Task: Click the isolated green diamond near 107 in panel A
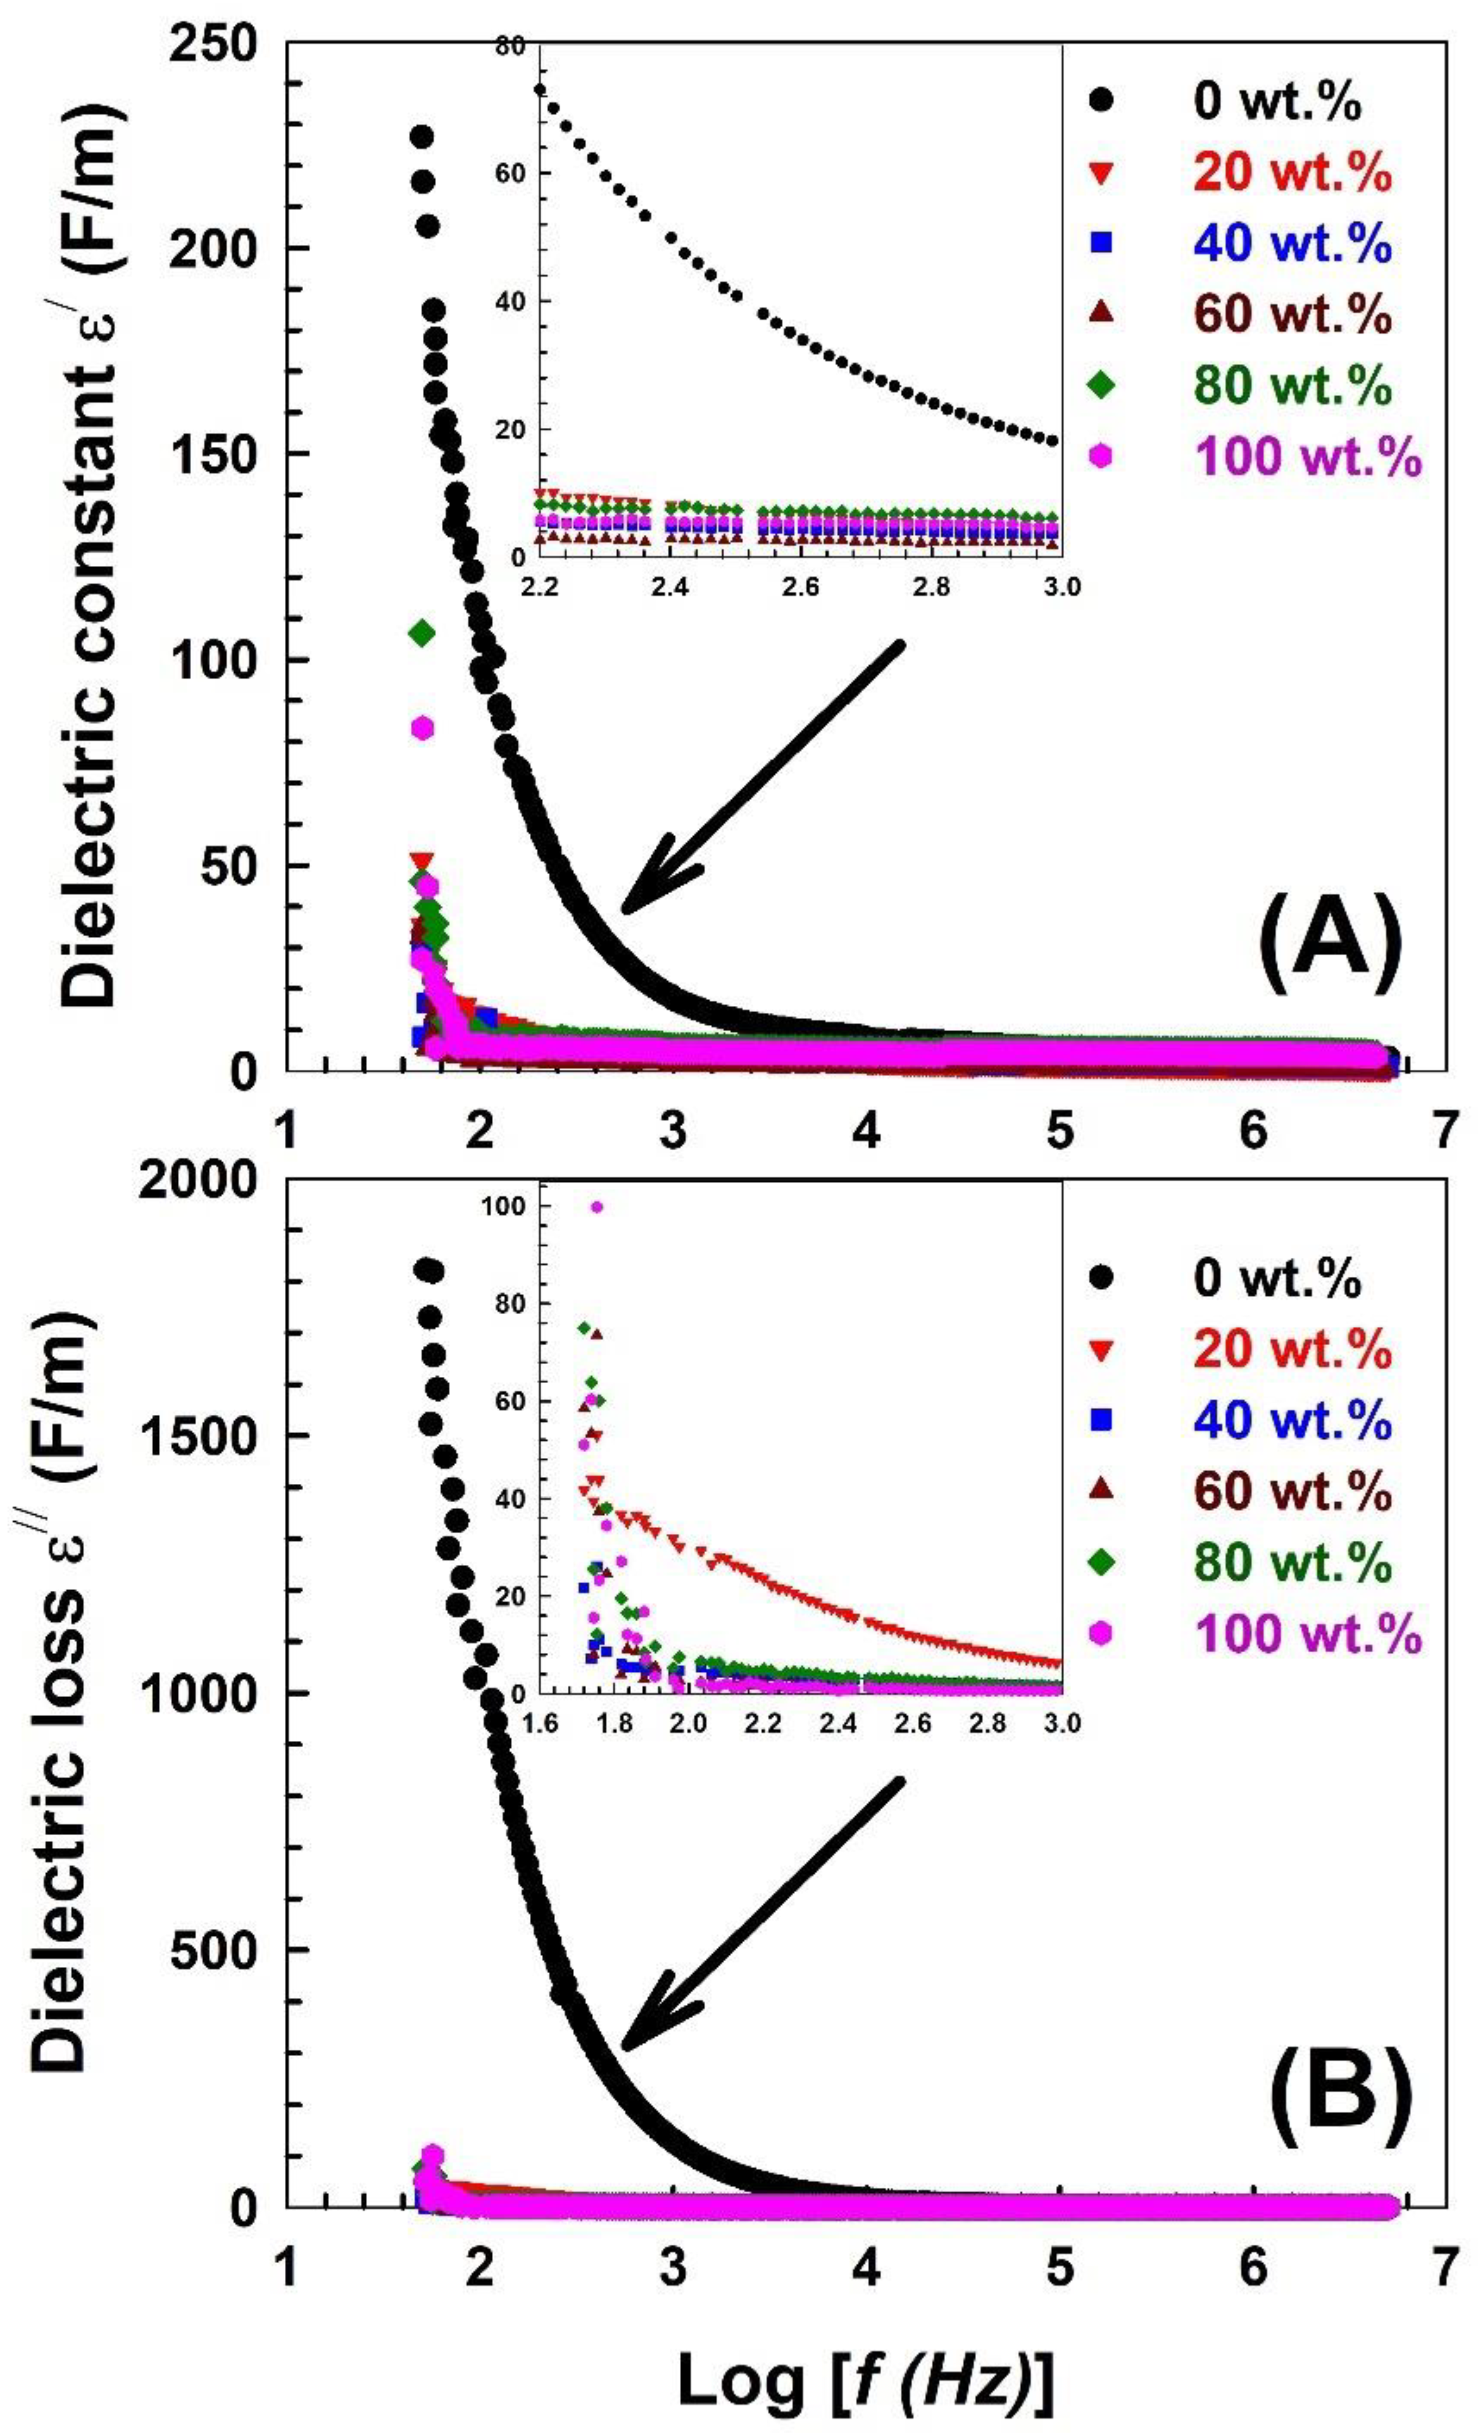(x=423, y=633)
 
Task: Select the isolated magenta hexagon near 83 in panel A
(x=423, y=728)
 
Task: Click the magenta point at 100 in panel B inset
(x=596, y=1206)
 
